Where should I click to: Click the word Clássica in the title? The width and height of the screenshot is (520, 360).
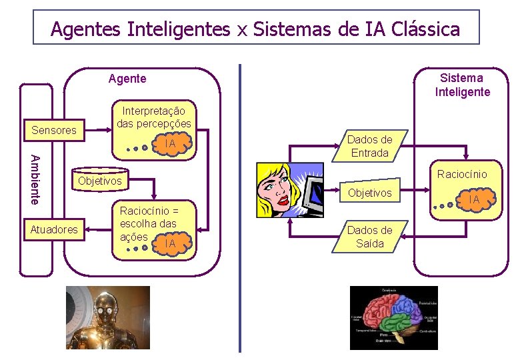coord(426,29)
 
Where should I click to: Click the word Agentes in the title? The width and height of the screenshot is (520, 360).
coord(86,29)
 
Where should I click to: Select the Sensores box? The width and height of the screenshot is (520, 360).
coord(54,130)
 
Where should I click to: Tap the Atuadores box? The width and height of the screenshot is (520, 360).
coord(54,230)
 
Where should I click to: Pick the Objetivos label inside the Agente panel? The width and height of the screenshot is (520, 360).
coord(100,181)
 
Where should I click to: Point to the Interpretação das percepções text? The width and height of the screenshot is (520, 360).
coord(153,117)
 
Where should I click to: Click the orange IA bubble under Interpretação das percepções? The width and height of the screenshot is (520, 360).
coord(171,143)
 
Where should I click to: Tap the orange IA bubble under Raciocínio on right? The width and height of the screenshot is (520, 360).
coord(474,199)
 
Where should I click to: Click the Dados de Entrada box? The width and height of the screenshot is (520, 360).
coord(369,147)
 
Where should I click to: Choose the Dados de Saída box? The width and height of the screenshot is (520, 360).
coord(369,237)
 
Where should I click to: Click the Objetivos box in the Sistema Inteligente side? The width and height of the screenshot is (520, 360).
coord(370,193)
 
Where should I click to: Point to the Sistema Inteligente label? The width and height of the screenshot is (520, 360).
coord(462,85)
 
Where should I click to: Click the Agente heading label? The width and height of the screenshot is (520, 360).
coord(127,79)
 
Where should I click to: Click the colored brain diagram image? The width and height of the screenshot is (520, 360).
coord(393,318)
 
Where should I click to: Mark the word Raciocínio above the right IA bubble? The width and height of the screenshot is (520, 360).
coord(462,174)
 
